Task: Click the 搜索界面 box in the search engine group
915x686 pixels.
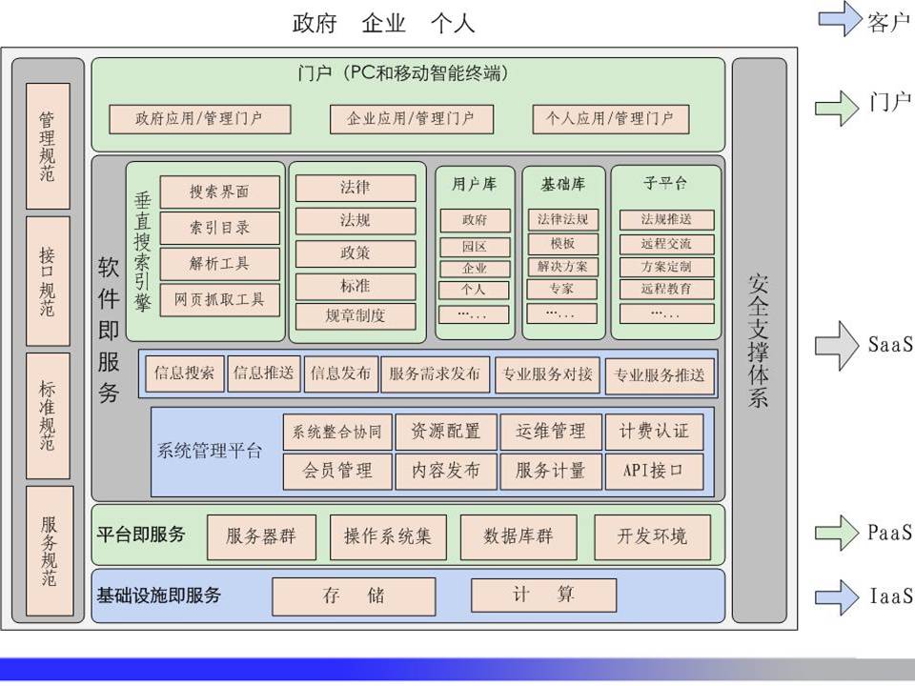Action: click(219, 192)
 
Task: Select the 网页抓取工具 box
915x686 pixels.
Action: click(219, 300)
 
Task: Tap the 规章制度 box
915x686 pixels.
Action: click(355, 316)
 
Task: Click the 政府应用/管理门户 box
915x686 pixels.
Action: click(199, 119)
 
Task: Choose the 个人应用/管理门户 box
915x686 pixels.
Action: click(610, 119)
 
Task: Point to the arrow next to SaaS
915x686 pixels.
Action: click(837, 345)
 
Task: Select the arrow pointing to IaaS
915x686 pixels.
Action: click(837, 596)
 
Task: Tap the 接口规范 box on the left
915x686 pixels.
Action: click(48, 282)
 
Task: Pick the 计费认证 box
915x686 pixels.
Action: click(654, 432)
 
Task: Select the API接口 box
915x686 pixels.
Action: click(654, 471)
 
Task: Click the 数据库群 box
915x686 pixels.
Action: click(518, 536)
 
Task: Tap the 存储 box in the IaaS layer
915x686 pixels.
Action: click(354, 596)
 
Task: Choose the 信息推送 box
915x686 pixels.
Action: click(264, 373)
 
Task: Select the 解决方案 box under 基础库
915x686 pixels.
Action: click(562, 267)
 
